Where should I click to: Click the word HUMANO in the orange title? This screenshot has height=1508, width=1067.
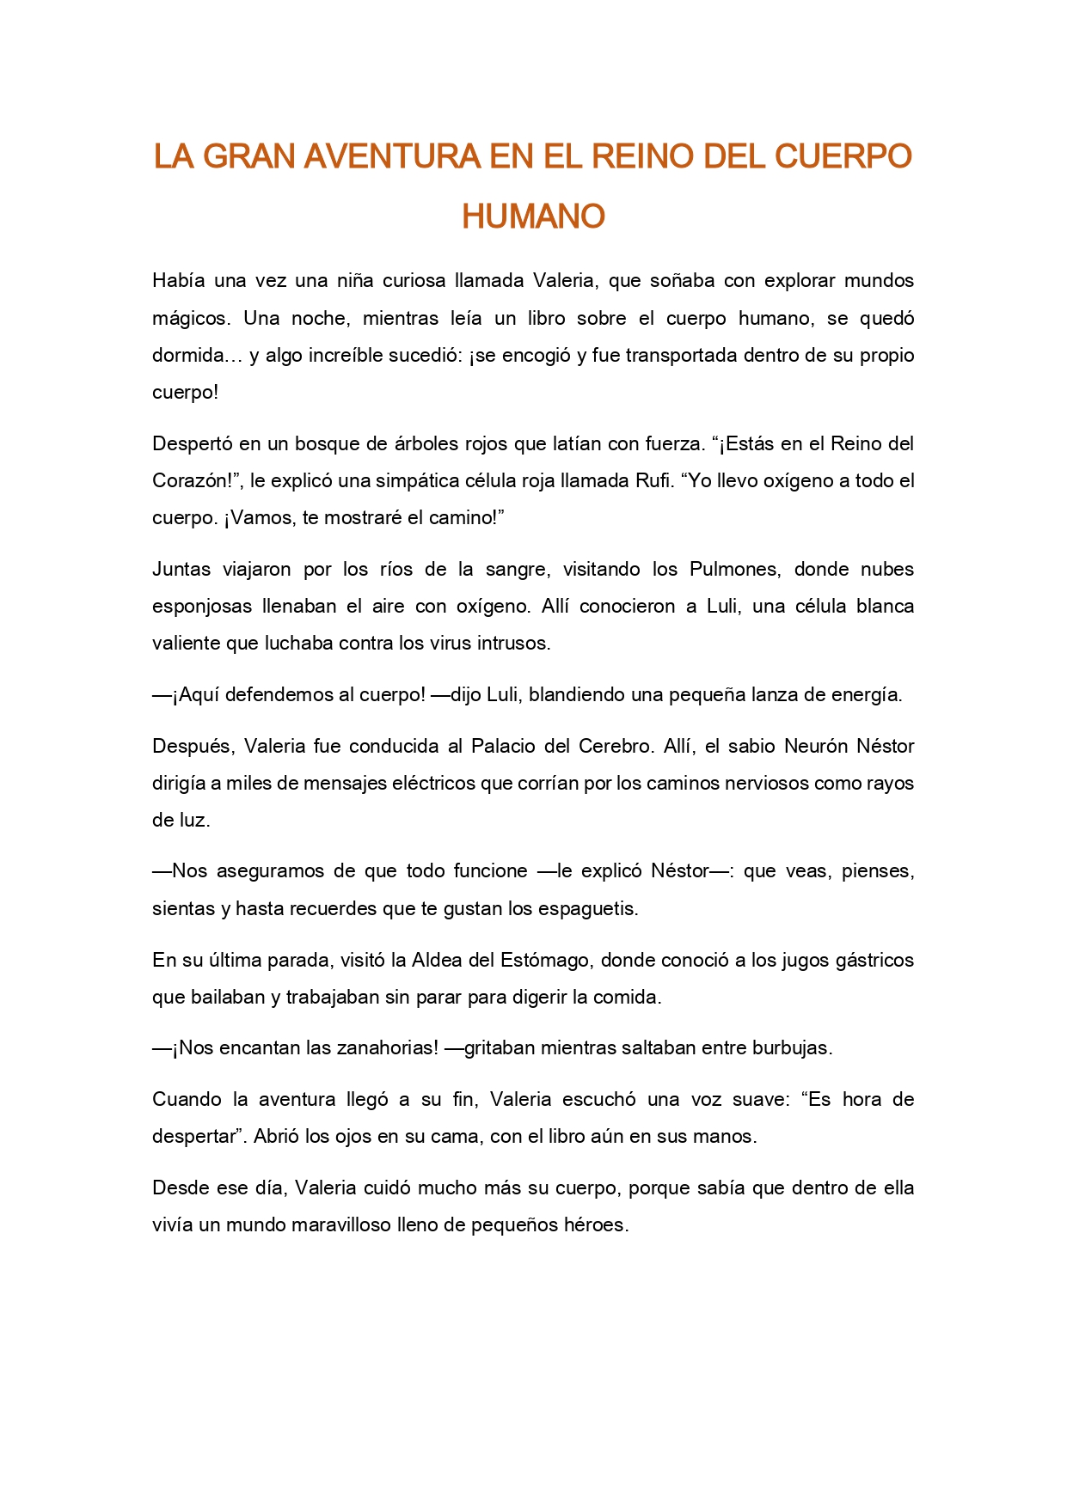coord(533,217)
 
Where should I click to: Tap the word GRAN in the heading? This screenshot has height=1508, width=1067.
coord(250,156)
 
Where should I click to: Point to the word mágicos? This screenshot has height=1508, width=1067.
coord(191,319)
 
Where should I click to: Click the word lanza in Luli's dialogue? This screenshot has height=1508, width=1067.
coord(770,695)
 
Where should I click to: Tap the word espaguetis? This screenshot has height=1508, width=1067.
coord(594,908)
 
